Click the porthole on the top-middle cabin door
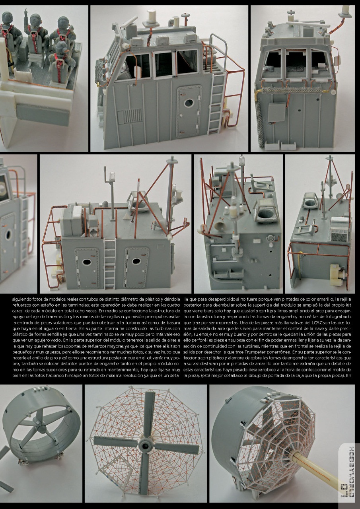pyautogui.click(x=189, y=103)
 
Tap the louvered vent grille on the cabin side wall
pyautogui.click(x=130, y=116)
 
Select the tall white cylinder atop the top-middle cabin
pyautogui.click(x=151, y=17)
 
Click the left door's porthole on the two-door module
pyautogui.click(x=87, y=262)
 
